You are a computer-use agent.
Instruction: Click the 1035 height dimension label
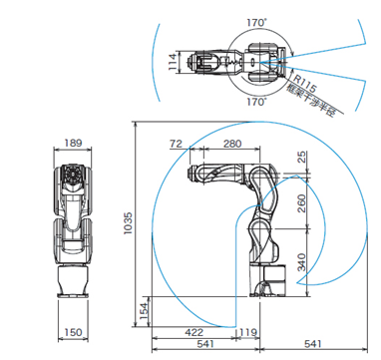click(x=128, y=223)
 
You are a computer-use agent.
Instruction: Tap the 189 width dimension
click(x=73, y=143)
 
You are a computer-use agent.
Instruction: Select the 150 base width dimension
click(x=73, y=332)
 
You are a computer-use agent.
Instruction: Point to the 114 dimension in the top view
click(x=173, y=62)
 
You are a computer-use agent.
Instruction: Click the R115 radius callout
click(x=305, y=83)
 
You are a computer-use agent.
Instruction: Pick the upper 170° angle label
click(x=257, y=23)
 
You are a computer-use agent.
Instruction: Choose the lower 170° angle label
click(x=257, y=102)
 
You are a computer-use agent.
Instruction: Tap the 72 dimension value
click(x=176, y=144)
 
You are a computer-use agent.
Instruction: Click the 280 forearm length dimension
click(x=232, y=144)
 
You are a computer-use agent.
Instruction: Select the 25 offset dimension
click(x=301, y=157)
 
